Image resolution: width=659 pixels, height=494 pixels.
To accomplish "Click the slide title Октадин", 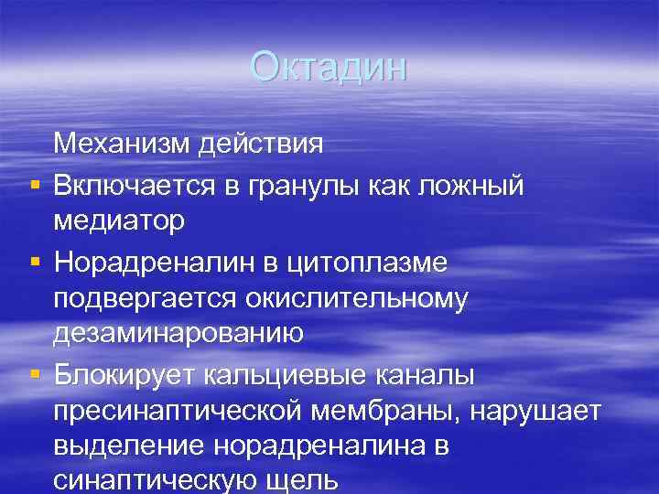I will tap(329, 68).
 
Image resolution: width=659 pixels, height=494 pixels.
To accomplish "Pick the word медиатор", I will tap(120, 222).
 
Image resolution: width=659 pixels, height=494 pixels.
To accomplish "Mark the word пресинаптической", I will tap(179, 413).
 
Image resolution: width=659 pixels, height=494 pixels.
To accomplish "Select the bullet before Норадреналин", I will tap(33, 264).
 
